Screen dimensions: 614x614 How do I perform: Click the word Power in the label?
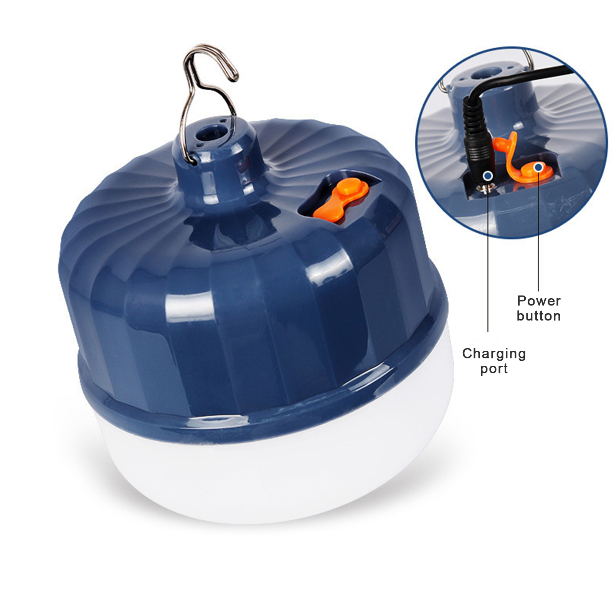click(x=539, y=300)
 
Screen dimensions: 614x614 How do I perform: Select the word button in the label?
click(x=539, y=316)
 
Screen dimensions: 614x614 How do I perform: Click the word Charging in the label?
click(x=494, y=353)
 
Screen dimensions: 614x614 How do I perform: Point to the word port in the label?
click(x=494, y=369)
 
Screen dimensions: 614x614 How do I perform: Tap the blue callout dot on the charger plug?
click(x=488, y=176)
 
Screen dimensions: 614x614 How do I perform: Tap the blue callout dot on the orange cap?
click(x=539, y=167)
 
